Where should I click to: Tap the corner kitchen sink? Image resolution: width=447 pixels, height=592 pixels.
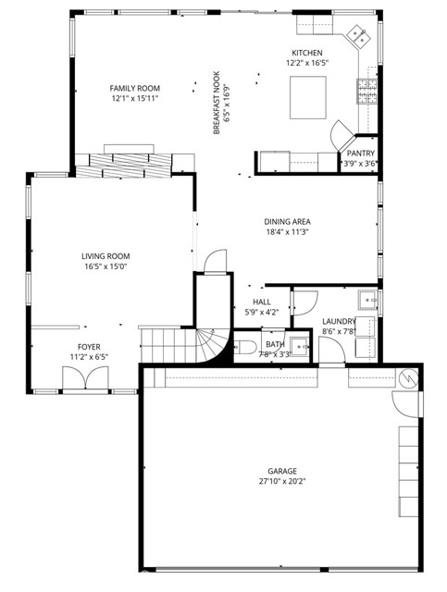tap(356, 37)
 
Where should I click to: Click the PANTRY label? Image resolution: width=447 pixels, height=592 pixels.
tap(360, 154)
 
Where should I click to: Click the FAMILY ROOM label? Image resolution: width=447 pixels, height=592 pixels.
tap(135, 89)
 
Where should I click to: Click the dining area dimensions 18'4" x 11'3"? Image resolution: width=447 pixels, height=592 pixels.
tap(287, 233)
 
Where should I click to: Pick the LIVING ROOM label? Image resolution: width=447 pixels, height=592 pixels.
tap(105, 256)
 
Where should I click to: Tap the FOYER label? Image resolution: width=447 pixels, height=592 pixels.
tap(89, 346)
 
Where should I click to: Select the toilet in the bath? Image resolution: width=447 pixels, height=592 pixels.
tap(246, 350)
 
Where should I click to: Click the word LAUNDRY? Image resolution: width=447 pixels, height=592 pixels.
tap(339, 321)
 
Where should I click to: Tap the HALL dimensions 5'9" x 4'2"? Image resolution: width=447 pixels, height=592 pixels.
tap(262, 313)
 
